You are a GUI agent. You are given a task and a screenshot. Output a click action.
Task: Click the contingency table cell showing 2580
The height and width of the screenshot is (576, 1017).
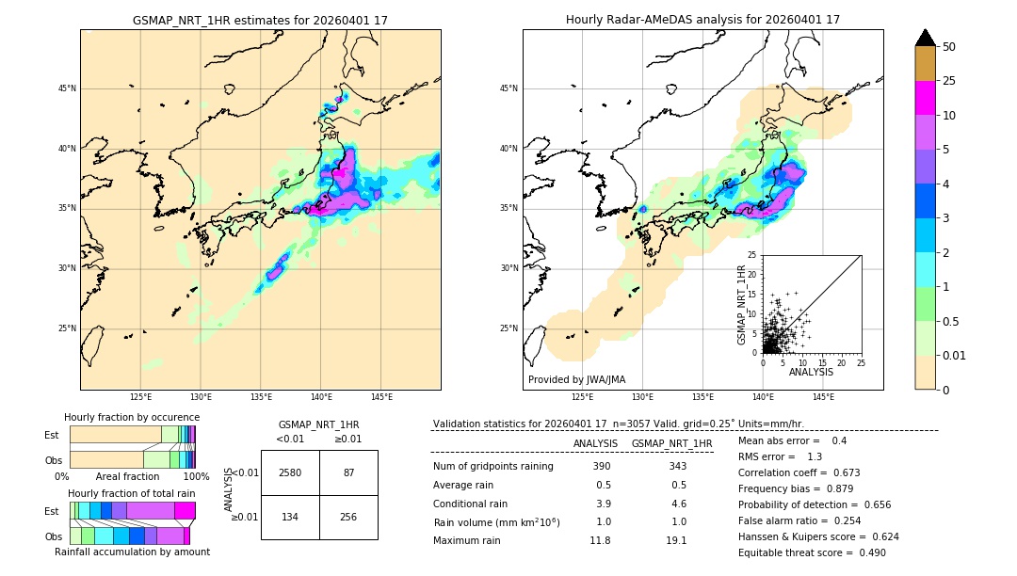[x=290, y=472]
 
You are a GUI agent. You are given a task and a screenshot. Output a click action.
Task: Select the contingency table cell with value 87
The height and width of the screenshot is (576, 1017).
[x=348, y=472]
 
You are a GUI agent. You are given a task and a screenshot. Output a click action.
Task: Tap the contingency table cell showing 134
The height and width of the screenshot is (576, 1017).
[x=290, y=518]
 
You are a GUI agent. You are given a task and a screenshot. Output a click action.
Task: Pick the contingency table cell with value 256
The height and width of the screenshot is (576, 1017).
[x=348, y=518]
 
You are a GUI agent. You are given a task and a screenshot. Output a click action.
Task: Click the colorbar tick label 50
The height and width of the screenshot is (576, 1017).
[x=949, y=47]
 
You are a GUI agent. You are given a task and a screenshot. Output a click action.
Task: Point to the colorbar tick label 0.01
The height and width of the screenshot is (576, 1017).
[x=955, y=355]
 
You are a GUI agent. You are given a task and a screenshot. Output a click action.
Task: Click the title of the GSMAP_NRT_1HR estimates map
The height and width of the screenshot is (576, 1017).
[x=260, y=20]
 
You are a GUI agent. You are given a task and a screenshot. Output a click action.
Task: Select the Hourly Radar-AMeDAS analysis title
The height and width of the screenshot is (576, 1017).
[x=702, y=20]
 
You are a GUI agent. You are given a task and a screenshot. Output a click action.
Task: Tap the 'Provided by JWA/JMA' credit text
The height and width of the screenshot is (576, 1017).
[x=576, y=379]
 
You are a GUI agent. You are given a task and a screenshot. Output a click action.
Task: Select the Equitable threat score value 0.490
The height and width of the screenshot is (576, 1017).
[x=865, y=552]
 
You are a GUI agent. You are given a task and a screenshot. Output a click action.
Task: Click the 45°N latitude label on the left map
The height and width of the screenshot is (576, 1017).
[x=67, y=88]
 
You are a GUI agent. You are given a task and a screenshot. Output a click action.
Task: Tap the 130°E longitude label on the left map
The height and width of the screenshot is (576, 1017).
[x=201, y=397]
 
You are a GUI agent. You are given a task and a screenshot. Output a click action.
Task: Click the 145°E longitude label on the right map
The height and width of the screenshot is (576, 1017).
[x=823, y=397]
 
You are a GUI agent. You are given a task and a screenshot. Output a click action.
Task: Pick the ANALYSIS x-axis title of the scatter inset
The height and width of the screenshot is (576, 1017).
[x=811, y=372]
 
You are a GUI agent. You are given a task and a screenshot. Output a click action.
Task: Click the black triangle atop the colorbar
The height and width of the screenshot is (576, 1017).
[x=926, y=38]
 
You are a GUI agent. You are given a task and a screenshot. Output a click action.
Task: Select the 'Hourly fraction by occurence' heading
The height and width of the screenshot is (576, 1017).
[x=132, y=417]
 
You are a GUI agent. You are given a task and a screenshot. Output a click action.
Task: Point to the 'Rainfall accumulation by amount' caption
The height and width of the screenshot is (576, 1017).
[x=132, y=552]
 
